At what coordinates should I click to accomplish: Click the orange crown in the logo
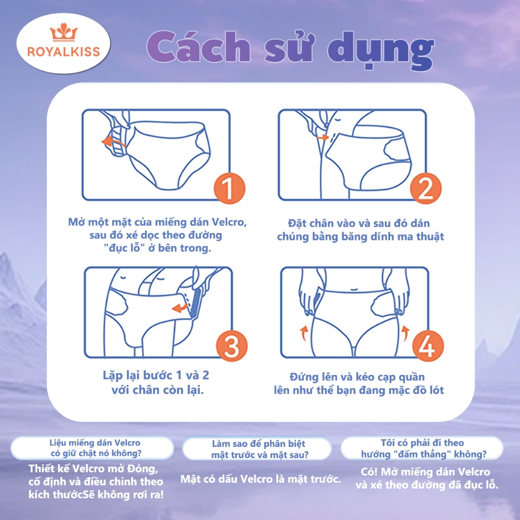(63, 32)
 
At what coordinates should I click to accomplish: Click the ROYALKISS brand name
(63, 52)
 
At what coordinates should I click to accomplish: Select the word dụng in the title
(381, 50)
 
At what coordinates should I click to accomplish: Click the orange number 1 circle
(229, 188)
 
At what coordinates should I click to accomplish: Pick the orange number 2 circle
(426, 188)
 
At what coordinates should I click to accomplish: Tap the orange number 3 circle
(232, 346)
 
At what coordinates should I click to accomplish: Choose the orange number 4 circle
(428, 346)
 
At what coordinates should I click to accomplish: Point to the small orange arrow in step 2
(322, 137)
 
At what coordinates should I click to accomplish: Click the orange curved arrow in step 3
(180, 308)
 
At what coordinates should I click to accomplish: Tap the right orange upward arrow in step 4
(405, 333)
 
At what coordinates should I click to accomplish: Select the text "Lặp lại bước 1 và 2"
(156, 376)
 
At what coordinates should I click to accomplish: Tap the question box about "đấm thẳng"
(422, 448)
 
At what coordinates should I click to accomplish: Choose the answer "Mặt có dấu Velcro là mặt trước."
(261, 479)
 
